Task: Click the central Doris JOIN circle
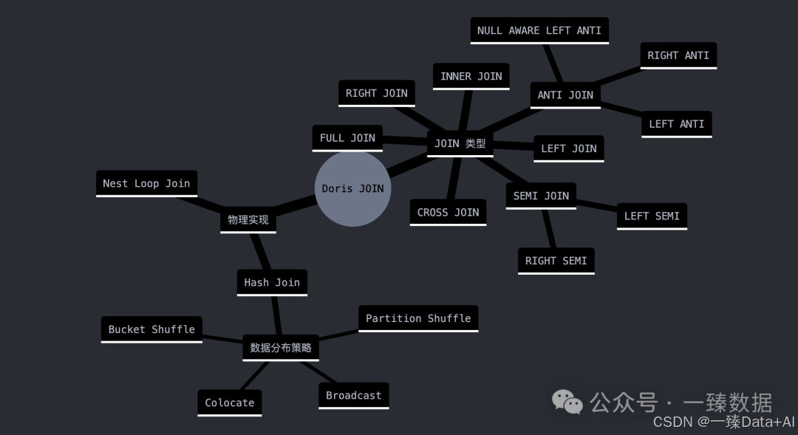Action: coord(352,188)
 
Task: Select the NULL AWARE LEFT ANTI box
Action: coord(539,30)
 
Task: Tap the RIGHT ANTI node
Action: coord(678,55)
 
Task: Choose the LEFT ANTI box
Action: coord(676,123)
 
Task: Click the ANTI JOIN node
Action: coord(565,95)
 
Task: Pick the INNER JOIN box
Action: coord(471,76)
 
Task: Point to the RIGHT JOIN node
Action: coord(376,93)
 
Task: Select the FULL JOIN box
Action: coord(347,137)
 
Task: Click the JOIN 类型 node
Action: coord(460,143)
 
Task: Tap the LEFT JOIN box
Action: coord(568,148)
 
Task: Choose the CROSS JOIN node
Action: coord(448,212)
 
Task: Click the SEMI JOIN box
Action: coord(541,196)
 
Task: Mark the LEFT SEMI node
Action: coord(652,216)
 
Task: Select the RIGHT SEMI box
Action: coord(556,260)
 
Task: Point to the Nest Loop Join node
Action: coord(146,183)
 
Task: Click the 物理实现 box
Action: coord(248,219)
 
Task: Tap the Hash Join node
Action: coord(271,282)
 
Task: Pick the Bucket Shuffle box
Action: coord(151,329)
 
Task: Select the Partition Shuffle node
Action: coord(418,318)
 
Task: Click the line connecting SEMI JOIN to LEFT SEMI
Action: coord(596,206)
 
